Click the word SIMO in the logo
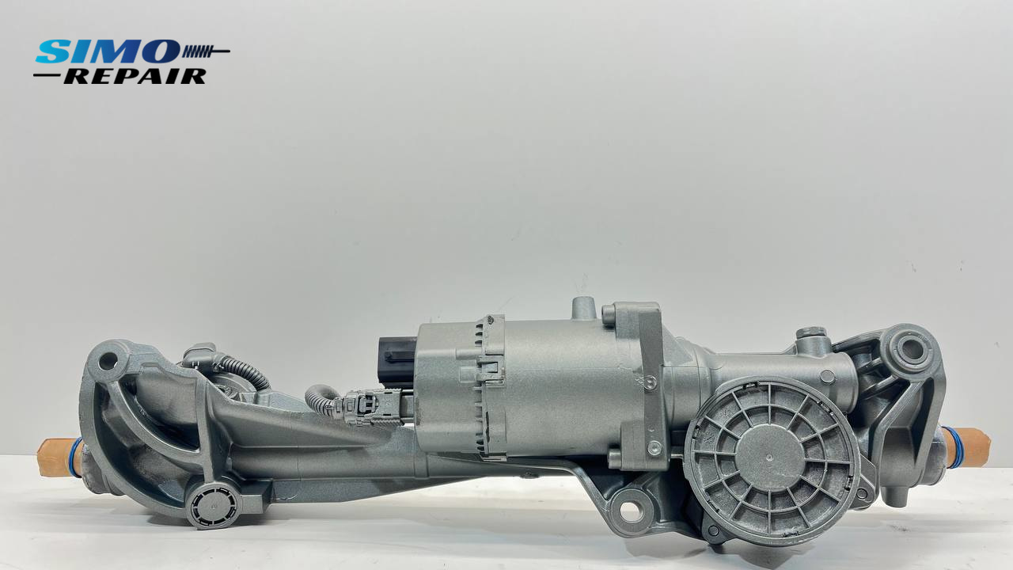[x=108, y=51]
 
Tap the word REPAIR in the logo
[x=135, y=77]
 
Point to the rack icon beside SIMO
[x=206, y=51]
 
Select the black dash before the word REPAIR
[x=47, y=75]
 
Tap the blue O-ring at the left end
[x=75, y=457]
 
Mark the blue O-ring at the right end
[x=951, y=447]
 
